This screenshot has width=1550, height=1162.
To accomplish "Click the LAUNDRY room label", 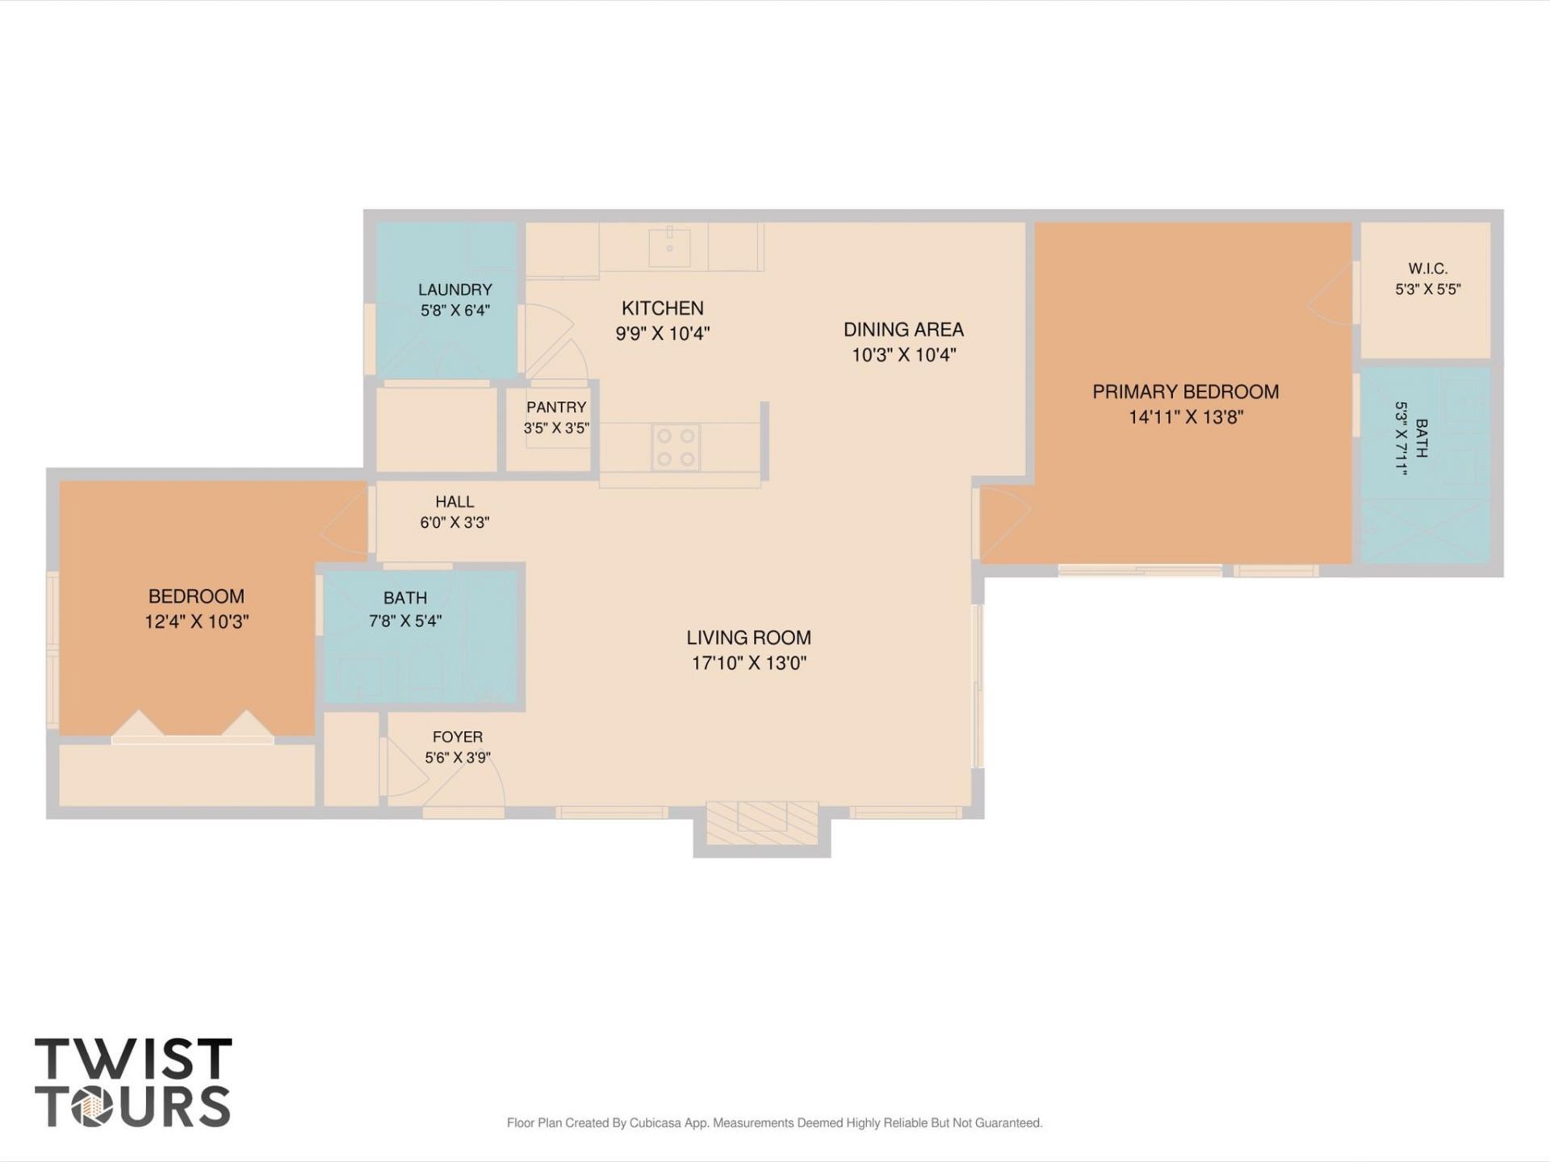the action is point(455,290).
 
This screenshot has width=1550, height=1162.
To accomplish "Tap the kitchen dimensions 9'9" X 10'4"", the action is point(662,333).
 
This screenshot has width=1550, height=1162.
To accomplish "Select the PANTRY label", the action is point(556,408).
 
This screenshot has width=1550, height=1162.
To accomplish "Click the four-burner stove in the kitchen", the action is point(676,447).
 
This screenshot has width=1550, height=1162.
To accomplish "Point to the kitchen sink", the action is point(669,247).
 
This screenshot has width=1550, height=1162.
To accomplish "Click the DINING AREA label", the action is point(903,329).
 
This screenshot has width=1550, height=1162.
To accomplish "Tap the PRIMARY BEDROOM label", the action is point(1185,392).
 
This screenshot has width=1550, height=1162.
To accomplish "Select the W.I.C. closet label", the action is point(1427,268).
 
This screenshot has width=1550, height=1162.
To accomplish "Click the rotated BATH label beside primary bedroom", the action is point(1422,438).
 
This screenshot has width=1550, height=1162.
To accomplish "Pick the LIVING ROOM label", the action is point(748,637).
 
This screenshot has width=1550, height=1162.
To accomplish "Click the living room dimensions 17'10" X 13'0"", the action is point(748,663).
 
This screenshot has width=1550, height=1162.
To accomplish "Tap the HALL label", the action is point(455,502).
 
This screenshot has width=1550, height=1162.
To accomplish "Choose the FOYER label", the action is point(458,737).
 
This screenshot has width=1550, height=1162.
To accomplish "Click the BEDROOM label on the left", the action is point(196,596).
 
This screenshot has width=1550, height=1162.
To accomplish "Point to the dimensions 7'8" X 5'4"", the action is point(405,621).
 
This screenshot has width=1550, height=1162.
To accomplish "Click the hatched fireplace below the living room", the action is point(762,824).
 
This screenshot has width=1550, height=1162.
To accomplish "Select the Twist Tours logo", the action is point(133,1082).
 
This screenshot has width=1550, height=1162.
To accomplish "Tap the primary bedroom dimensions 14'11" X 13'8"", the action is point(1185,417).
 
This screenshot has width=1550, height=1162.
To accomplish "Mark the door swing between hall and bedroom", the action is point(345,522).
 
